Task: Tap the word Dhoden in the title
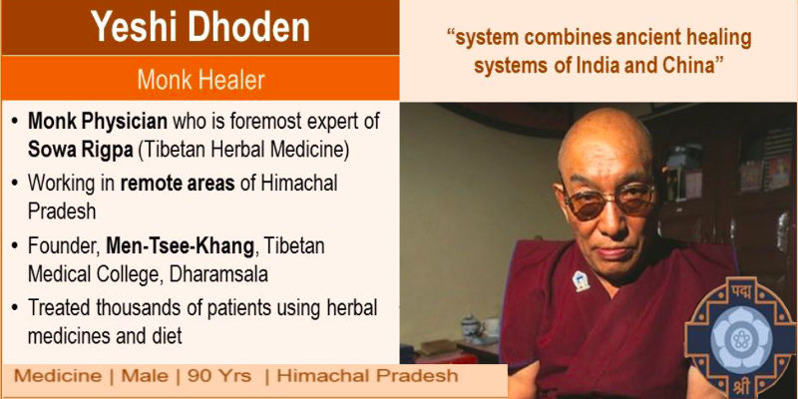point(248,27)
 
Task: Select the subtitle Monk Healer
point(200,80)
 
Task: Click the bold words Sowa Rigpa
point(80,152)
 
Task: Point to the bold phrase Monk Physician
point(97,122)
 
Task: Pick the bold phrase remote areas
point(178,183)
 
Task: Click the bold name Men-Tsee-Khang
point(180,246)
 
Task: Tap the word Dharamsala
point(218,274)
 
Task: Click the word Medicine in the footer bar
point(57,376)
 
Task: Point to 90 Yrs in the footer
point(219,376)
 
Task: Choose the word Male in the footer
point(145,376)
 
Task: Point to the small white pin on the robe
point(581,281)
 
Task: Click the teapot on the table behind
point(470,327)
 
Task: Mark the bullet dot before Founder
point(15,246)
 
